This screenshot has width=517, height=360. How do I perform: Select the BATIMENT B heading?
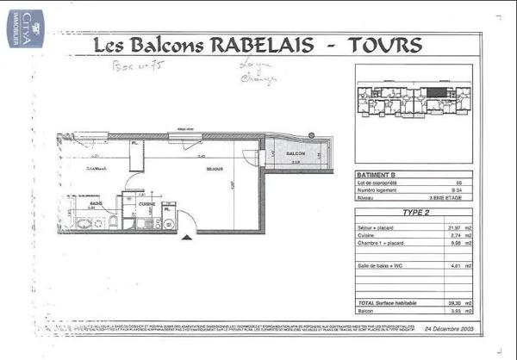tap(377, 176)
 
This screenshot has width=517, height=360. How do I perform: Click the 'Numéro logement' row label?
tap(378, 191)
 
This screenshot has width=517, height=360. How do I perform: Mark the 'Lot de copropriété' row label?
tap(378, 183)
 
